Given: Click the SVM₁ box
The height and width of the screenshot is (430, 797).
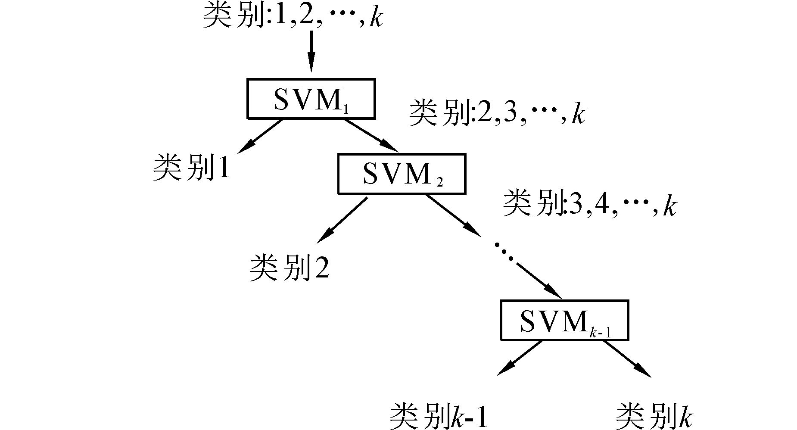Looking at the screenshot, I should coord(311,98).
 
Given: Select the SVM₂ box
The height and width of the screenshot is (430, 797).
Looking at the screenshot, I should coord(402,173).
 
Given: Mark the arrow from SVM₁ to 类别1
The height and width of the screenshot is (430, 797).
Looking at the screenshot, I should coord(259,136).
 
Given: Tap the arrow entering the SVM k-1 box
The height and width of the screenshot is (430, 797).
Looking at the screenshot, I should coord(539,280).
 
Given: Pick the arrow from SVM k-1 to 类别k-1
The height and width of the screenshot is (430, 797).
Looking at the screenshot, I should coord(519,358).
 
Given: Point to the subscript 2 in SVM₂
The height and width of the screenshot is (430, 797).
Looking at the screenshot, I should coord(439,183).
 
